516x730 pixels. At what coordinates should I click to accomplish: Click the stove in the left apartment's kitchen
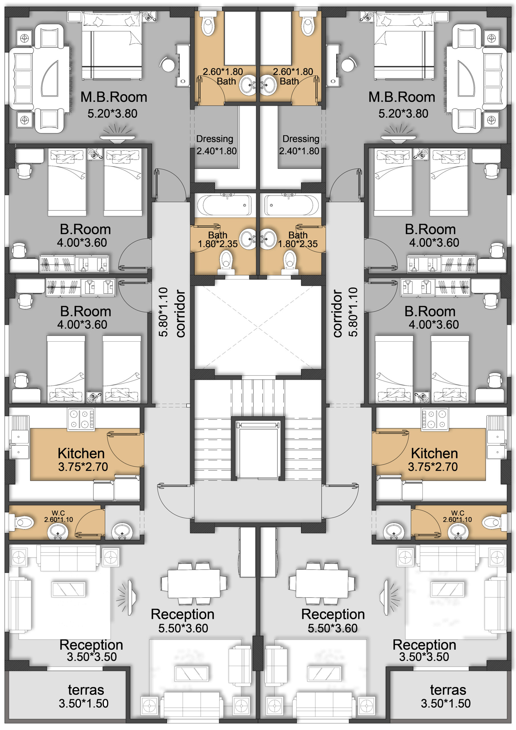(81, 420)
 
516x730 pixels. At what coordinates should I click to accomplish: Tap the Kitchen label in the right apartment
(434, 453)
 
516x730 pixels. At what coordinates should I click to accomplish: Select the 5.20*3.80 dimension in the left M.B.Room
(112, 113)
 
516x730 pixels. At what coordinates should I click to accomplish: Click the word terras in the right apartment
(448, 690)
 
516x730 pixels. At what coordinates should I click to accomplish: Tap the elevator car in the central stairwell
(258, 451)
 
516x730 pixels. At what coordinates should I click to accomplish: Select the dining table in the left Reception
(194, 583)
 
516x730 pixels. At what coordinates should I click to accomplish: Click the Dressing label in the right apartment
(301, 139)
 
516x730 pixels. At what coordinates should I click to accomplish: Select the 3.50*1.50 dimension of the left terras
(84, 703)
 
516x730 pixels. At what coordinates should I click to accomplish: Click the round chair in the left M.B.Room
(166, 64)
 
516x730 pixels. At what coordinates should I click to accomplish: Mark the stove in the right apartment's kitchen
(435, 420)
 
